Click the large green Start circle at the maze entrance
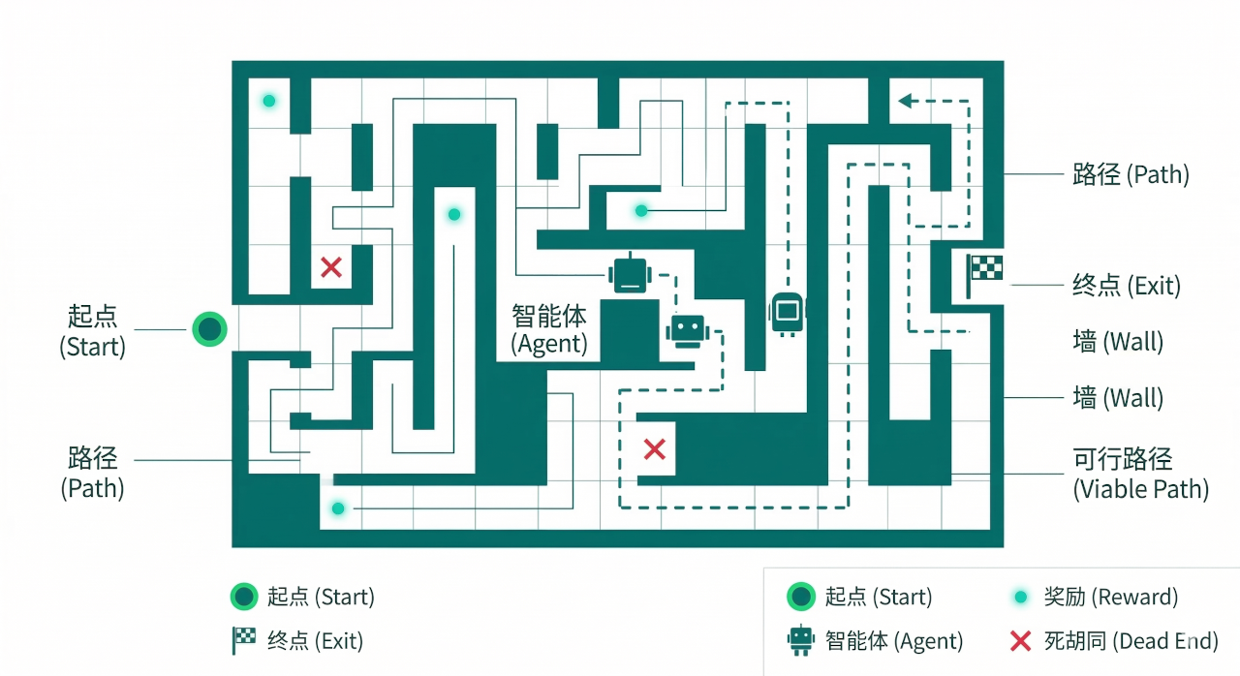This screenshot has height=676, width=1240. coord(209,329)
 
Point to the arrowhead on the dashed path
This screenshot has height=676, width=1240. coord(906,101)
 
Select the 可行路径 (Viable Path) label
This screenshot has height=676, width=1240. coord(1140,473)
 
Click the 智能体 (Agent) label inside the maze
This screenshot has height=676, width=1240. coord(549,329)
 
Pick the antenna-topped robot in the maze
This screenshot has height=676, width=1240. coord(629,274)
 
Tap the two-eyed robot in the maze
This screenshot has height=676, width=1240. coord(688,329)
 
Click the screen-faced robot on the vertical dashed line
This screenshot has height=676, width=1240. coord(787,312)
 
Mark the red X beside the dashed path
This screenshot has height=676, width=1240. coord(655,448)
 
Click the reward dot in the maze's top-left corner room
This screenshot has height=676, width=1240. coord(269,101)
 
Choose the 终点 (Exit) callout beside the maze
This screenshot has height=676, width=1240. coord(1127,286)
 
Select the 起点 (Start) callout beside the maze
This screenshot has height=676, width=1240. coord(94,330)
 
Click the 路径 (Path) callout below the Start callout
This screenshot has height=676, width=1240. coord(93,473)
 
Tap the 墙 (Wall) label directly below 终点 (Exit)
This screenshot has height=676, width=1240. coord(1118,342)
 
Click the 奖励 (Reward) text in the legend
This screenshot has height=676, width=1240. coord(1110,597)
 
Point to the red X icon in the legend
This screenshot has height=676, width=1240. coord(1020,640)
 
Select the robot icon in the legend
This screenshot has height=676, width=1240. coord(800,640)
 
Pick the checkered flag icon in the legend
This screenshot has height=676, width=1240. coord(243,640)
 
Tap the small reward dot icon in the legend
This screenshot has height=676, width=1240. coord(1020,598)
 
